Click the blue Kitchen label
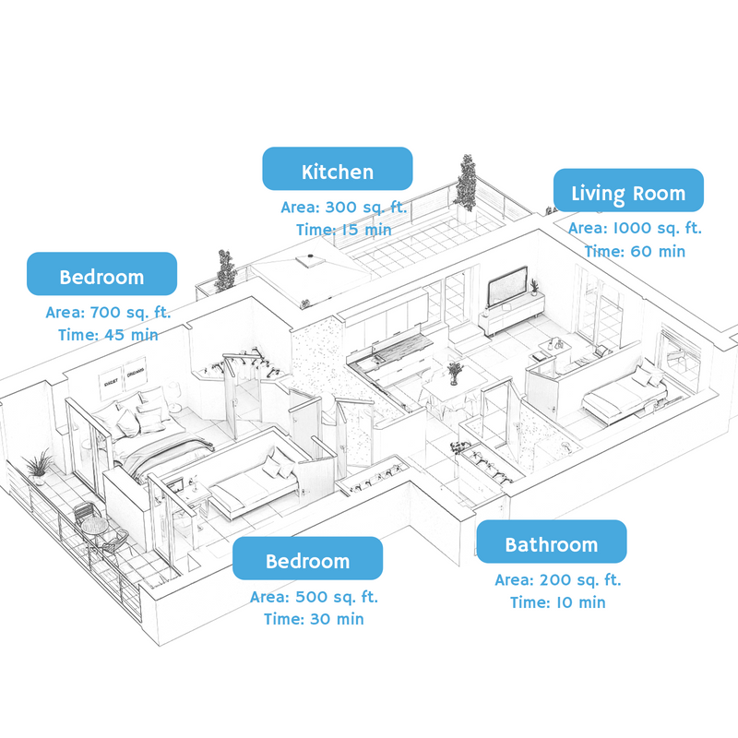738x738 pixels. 338,169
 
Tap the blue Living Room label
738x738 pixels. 628,190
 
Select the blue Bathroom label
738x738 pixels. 552,542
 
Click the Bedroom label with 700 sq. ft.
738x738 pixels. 101,274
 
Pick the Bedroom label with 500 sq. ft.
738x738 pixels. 307,558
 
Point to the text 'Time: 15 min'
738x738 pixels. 343,230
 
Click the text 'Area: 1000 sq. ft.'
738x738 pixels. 635,228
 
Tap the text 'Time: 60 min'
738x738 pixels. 635,251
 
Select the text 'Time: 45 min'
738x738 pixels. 108,335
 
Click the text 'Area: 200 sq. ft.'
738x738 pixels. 558,580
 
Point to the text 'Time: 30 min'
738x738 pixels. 314,619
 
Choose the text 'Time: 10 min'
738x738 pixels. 558,602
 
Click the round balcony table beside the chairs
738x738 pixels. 94,527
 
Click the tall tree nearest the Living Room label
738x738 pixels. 466,184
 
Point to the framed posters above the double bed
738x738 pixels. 123,376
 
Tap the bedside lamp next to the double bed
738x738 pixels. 173,396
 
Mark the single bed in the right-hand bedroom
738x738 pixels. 624,396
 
